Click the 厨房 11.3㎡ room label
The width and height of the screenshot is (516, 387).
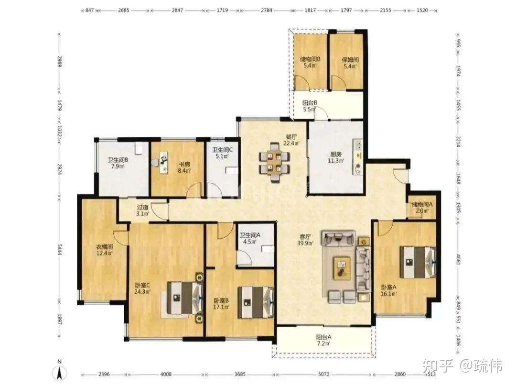336,157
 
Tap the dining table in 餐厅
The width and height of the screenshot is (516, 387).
274,162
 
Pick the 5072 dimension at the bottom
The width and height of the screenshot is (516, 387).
324,374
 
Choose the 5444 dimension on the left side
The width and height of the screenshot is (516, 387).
60,249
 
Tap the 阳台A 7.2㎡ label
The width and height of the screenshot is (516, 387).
324,340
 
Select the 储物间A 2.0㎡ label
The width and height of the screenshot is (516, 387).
422,208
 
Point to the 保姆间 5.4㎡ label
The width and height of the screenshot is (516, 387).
350,63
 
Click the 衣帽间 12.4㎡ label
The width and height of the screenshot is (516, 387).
104,250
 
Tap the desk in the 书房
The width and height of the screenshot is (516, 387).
163,162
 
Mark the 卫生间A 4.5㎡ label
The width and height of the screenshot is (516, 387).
250,238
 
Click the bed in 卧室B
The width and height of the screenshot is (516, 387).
256,302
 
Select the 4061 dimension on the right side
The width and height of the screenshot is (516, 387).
458,259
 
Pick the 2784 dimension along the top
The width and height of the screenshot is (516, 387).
267,10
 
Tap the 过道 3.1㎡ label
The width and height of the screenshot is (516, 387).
143,210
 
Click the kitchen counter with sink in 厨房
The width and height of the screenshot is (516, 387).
358,157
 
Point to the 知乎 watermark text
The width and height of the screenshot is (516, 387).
438,365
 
